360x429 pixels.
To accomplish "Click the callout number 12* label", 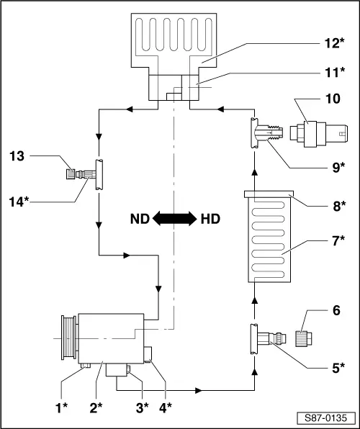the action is coord(334,43).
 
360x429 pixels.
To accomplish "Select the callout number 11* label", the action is coord(335,73).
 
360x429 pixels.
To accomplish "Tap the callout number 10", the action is coord(333,99).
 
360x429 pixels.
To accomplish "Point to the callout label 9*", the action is coord(338,168).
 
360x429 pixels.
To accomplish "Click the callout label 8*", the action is coord(339,206).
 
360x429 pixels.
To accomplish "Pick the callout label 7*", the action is coord(338,240).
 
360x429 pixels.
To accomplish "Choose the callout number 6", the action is coord(336,310).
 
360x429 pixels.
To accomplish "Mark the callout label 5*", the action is coord(338,368).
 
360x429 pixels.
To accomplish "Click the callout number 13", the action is coord(17,156).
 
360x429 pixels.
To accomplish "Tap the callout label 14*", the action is coord(19,202).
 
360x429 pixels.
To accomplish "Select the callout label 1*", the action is coord(61,408).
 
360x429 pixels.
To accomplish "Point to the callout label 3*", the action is coord(142,408).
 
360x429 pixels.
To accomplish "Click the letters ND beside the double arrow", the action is coord(140,219).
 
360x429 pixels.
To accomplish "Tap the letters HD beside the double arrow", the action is coord(210,219).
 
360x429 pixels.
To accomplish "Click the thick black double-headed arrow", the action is coord(175,219).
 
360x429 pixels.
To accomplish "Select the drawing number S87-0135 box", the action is coord(325,418).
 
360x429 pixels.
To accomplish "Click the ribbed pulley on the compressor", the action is coord(68,337).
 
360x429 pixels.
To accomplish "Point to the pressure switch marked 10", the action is coord(319,133).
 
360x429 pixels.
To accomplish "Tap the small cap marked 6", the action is coord(304,339).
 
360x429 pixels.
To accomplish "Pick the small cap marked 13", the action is coord(71,174).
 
